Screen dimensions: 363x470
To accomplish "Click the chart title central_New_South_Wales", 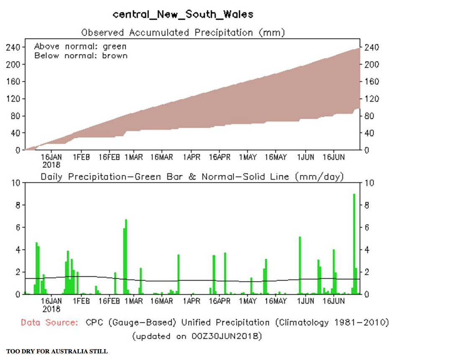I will (183, 14).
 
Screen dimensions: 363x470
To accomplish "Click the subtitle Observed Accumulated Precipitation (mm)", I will (183, 32).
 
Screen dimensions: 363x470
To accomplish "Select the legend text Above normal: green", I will (80, 46).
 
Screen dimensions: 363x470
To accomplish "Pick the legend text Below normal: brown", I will (81, 55).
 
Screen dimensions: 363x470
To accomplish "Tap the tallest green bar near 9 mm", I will (354, 243).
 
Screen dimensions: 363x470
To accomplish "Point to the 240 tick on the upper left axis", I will (13, 47).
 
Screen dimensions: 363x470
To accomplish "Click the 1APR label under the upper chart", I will (191, 157).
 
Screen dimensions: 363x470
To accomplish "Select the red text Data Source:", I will (49, 322).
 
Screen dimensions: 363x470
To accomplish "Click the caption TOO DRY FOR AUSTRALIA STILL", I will (57, 351).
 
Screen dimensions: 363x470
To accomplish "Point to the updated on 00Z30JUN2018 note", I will (197, 336).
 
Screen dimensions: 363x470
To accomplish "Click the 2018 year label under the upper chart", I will (51, 165).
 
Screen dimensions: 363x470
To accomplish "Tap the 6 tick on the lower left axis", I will (18, 227).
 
